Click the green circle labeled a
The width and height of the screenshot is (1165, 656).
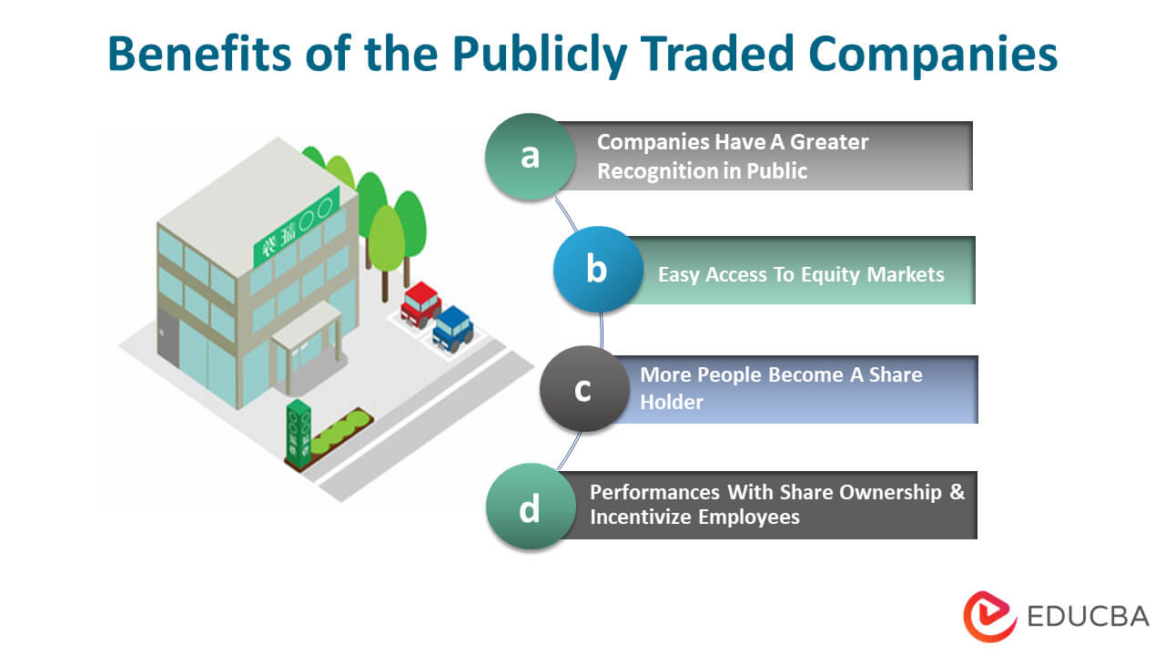click(530, 157)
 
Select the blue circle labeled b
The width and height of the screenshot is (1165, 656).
click(597, 270)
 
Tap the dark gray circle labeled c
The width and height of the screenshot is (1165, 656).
click(583, 389)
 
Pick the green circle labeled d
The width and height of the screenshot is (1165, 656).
click(530, 507)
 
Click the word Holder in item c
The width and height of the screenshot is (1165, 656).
click(672, 402)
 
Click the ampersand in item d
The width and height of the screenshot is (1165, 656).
click(957, 492)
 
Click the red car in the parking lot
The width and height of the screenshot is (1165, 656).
click(420, 303)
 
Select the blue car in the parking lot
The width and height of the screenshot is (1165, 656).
click(451, 327)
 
